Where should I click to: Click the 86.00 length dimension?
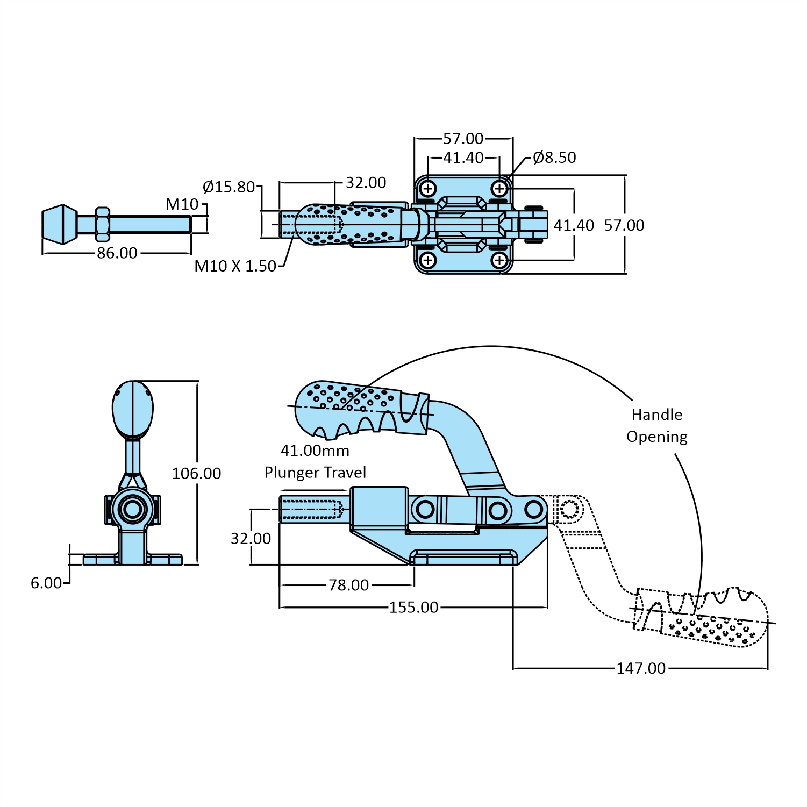[x=117, y=253]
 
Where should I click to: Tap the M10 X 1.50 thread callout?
[x=235, y=266]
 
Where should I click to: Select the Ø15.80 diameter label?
[x=228, y=187]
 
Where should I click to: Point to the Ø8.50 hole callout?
[x=554, y=158]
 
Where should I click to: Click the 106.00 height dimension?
[x=196, y=473]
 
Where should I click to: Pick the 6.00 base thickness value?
[x=46, y=583]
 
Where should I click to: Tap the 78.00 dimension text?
[x=349, y=585]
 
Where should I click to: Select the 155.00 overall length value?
[x=413, y=608]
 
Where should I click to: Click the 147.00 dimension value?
[x=640, y=668]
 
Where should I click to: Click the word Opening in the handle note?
[x=657, y=437]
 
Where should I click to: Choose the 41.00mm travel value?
[x=315, y=451]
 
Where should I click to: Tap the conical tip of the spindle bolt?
[x=59, y=224]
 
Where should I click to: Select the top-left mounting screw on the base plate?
[x=428, y=189]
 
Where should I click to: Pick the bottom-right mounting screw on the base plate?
[x=499, y=261]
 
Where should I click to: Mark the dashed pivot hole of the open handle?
[x=569, y=509]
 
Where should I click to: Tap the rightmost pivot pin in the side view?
[x=534, y=509]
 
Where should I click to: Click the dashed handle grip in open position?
[x=704, y=618]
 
